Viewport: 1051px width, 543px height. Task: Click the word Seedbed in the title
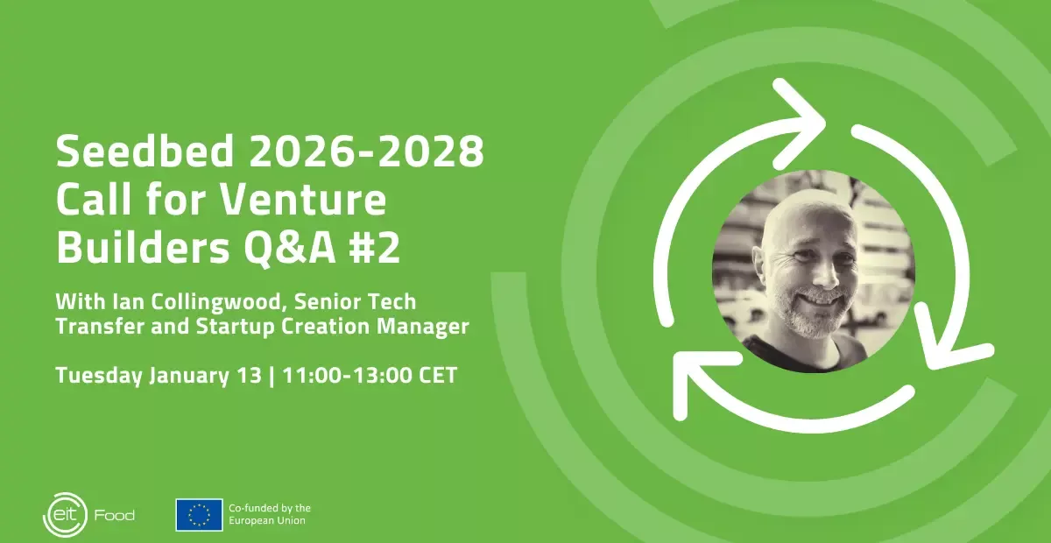145,151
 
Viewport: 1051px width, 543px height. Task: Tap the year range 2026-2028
366,151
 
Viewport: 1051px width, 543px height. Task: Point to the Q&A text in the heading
290,248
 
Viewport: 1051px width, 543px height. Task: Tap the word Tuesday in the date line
99,376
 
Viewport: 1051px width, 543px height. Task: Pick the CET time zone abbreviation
438,376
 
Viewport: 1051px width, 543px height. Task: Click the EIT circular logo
65,515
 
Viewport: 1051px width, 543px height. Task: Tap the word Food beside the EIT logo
115,515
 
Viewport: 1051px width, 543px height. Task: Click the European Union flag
199,515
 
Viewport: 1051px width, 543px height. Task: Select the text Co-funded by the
270,508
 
